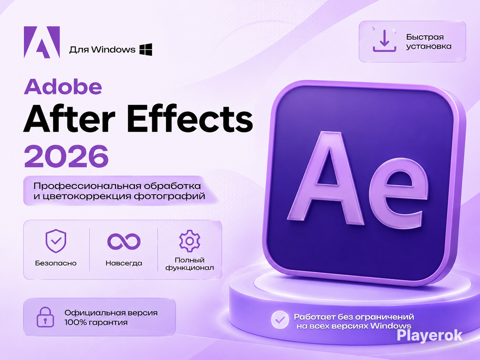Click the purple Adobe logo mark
tap(42, 42)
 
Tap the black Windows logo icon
tap(146, 49)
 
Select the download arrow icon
tap(384, 41)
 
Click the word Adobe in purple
tap(63, 87)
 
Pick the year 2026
tap(66, 156)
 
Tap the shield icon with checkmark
tap(56, 241)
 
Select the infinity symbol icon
tap(124, 241)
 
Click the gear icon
tap(190, 241)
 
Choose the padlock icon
tap(45, 317)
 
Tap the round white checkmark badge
tap(280, 320)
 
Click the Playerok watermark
tap(430, 336)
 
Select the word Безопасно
tap(56, 263)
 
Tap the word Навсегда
tap(124, 263)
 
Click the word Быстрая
tap(425, 37)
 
